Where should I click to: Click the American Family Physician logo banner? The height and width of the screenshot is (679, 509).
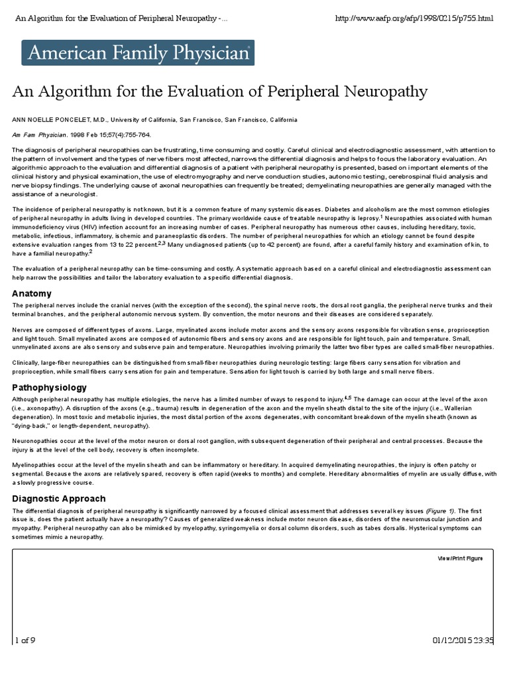click(x=137, y=52)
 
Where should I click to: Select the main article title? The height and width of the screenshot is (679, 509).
click(x=219, y=91)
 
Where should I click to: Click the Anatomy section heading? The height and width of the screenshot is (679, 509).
click(x=32, y=293)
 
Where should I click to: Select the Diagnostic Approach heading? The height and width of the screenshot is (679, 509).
click(x=59, y=498)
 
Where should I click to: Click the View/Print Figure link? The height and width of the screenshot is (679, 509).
click(x=460, y=558)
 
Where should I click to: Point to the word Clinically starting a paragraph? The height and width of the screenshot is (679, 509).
click(x=28, y=363)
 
